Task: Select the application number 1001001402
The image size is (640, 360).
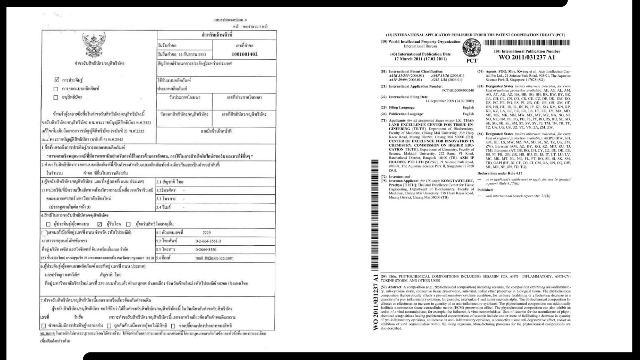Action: tap(245, 54)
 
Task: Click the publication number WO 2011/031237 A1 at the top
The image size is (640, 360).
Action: tap(527, 58)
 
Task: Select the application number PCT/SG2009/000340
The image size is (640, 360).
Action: tap(454, 90)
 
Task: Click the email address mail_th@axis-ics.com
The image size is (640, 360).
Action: tap(214, 258)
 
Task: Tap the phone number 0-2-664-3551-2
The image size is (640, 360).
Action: tap(208, 241)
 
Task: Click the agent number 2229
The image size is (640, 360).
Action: tap(206, 232)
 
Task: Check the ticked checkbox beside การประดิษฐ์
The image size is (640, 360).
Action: tap(56, 80)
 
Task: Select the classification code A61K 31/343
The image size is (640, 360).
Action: tap(400, 76)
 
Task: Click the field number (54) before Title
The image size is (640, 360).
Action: tap(384, 276)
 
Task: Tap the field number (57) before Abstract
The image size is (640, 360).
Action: tap(384, 287)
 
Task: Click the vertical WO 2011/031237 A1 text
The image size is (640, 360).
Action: tap(375, 302)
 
